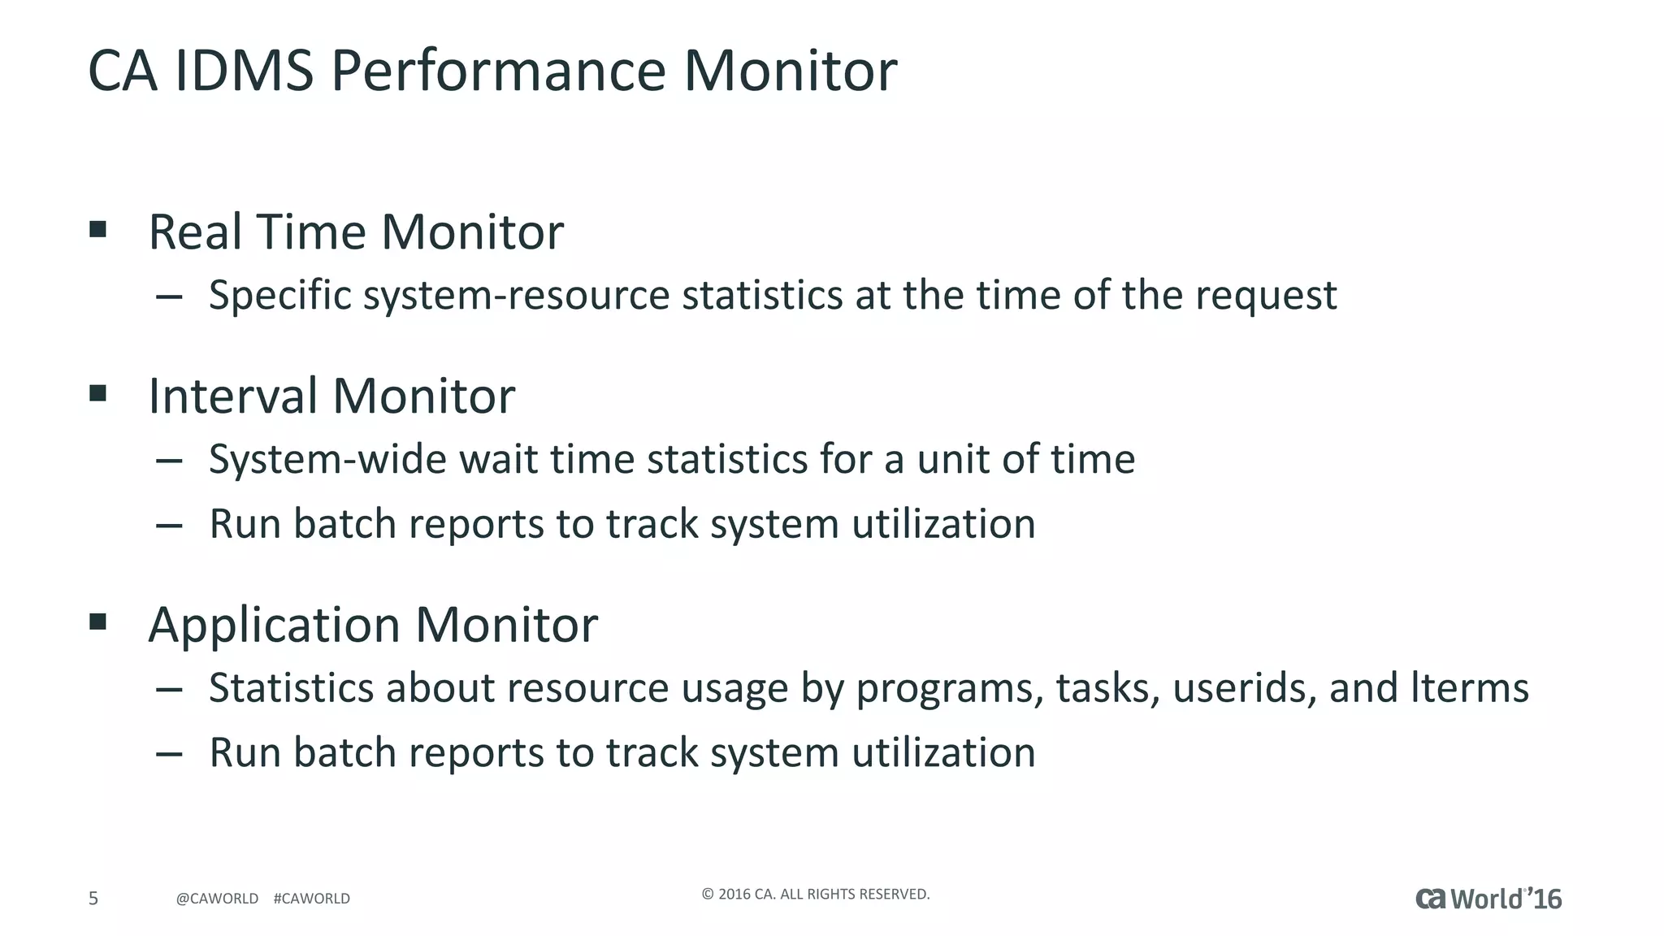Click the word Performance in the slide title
499,71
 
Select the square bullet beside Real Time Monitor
98,229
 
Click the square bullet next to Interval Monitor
98,394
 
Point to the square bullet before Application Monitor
98,622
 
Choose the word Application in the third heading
274,626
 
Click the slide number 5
93,898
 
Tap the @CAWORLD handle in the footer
217,899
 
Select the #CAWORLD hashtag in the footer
312,899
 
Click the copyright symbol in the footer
707,895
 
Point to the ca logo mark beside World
1431,898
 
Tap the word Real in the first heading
195,232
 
